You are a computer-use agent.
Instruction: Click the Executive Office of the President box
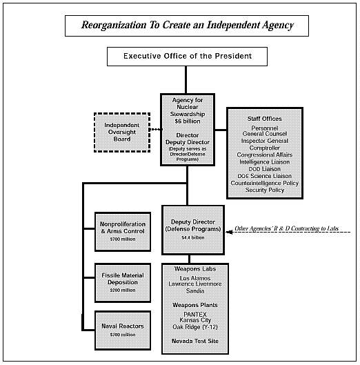(187, 57)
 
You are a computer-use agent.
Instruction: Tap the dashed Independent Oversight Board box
(122, 132)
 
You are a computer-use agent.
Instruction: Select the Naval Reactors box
(123, 330)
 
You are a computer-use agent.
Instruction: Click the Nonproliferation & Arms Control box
(123, 232)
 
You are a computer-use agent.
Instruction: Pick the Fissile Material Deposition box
(123, 283)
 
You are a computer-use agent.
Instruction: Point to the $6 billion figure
(188, 121)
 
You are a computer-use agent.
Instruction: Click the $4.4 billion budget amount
(193, 237)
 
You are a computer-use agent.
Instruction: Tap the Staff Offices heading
(265, 119)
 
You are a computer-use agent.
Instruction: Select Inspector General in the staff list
(265, 141)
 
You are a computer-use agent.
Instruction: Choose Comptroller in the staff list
(265, 148)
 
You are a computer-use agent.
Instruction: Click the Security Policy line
(265, 190)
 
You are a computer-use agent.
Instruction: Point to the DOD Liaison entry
(265, 169)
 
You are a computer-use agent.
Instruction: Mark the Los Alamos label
(195, 278)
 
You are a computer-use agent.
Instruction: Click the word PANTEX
(195, 314)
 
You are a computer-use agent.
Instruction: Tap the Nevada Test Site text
(195, 341)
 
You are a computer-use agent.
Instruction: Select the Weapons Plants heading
(195, 305)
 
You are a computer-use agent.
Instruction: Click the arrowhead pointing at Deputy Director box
(229, 232)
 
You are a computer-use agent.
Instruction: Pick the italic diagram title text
(188, 25)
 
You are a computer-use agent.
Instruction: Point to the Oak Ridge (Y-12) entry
(195, 327)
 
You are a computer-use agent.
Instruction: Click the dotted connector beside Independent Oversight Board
(156, 130)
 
